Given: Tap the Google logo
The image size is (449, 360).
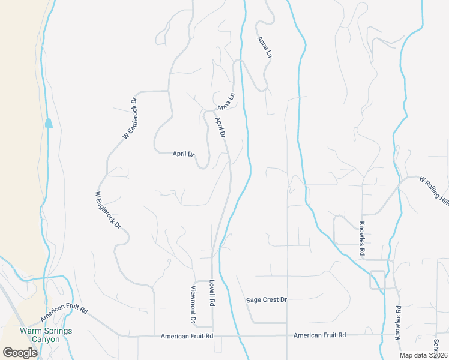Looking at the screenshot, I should [x=20, y=353].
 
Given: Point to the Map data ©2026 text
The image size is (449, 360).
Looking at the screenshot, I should [x=423, y=355].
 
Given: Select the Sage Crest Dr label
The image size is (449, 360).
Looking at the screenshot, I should [x=267, y=299].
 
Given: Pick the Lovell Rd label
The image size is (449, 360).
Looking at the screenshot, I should [x=212, y=293].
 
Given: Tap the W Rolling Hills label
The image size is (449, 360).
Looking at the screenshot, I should [x=433, y=191].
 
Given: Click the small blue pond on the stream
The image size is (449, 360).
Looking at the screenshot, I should [x=49, y=123].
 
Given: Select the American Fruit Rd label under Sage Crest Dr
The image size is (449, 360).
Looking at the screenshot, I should [x=319, y=335].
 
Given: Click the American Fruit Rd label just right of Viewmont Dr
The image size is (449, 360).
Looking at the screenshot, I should [x=187, y=337].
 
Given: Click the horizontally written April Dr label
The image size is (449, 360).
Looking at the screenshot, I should [x=184, y=154].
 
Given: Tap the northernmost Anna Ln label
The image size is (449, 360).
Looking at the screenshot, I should [x=265, y=47].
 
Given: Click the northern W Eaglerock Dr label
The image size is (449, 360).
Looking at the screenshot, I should [x=130, y=118].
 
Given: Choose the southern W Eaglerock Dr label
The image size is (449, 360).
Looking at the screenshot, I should [x=108, y=211].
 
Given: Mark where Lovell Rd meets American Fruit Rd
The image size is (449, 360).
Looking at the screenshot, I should [x=213, y=335].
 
